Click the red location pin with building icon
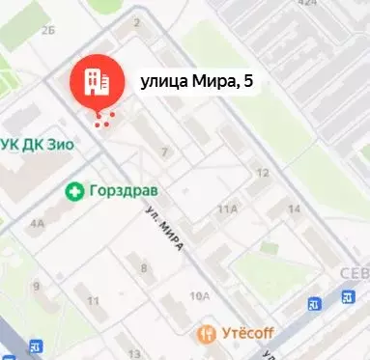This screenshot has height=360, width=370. coord(97,79)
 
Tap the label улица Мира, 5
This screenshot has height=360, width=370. coord(197,83)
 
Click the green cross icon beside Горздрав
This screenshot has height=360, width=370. coord(73,191)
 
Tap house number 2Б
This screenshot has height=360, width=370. coord(48,30)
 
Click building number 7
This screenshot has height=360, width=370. coord(165,152)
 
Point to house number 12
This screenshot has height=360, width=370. coord(261,173)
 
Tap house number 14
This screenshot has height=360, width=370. coord(294,209)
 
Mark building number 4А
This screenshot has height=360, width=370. coord(37,223)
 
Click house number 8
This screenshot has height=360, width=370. coord(144,267)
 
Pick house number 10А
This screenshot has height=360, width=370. coord(200,296)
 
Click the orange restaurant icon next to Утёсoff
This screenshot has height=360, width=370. coord(206,334)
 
